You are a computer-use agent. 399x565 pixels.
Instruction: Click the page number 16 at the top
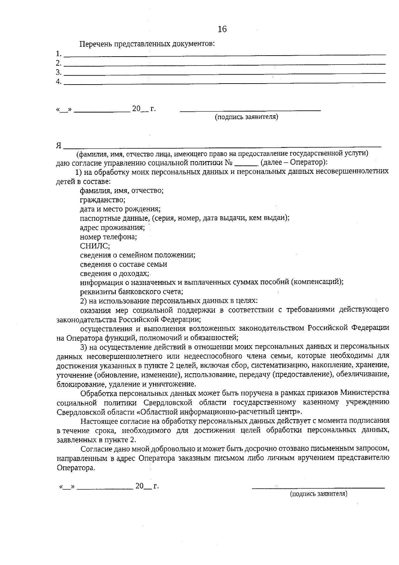point(222,29)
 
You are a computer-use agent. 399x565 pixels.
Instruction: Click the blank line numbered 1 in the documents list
point(224,54)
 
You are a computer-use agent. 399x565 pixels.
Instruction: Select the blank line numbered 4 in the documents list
point(224,82)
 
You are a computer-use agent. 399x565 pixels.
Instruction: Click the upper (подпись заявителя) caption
point(246,117)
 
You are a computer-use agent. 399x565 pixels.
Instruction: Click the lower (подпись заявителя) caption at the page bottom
point(318,494)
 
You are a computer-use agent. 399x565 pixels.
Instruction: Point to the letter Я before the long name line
point(59,145)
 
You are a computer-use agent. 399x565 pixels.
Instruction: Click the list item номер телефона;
point(108,237)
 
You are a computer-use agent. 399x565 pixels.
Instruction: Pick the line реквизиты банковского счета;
point(131,292)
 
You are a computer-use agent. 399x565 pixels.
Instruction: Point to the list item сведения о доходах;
point(115,273)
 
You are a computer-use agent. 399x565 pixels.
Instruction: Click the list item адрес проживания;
point(112,228)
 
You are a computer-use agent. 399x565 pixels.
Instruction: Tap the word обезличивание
point(362,375)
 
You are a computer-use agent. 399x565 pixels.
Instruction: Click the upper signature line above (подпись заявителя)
point(250,110)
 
